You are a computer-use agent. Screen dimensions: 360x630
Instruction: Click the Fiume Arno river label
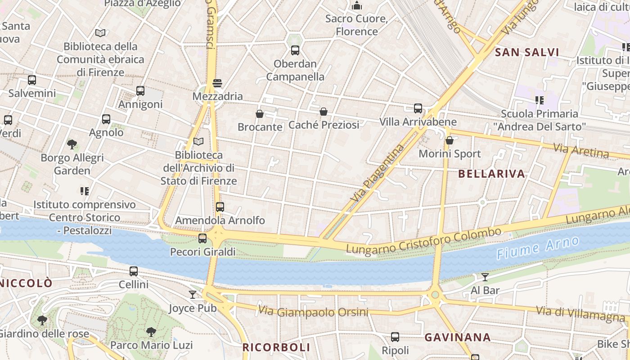pos(538,247)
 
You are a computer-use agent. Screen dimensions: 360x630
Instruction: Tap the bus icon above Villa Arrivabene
pos(418,108)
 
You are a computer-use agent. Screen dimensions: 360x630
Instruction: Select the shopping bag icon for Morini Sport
pos(449,141)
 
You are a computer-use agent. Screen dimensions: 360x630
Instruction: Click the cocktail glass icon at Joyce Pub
pos(193,294)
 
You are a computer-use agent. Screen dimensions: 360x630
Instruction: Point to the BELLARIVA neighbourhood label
pos(491,174)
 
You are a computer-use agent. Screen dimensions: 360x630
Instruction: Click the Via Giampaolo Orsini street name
pos(313,311)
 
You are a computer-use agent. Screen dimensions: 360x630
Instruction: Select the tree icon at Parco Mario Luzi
pos(151,332)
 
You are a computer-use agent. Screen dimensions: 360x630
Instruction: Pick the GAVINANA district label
pos(457,337)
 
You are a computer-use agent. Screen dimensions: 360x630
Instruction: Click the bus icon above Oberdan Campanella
pos(295,50)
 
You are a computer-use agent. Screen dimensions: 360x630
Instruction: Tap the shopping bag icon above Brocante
pos(260,114)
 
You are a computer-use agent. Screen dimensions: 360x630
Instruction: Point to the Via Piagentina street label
pos(378,172)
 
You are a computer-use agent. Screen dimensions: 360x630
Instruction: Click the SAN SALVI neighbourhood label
pos(527,52)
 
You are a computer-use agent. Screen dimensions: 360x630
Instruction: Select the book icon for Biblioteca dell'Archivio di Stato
pos(198,142)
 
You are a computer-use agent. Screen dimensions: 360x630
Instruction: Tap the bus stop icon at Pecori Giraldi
pos(202,238)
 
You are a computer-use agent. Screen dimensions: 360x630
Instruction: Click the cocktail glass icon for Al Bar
pos(485,277)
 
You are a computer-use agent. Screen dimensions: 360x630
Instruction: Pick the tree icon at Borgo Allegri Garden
pos(72,144)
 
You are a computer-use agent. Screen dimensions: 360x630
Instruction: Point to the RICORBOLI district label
pos(276,347)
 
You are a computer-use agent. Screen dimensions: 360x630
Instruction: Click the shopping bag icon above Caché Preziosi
pos(324,112)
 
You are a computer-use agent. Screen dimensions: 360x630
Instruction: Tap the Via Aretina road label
pos(581,151)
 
